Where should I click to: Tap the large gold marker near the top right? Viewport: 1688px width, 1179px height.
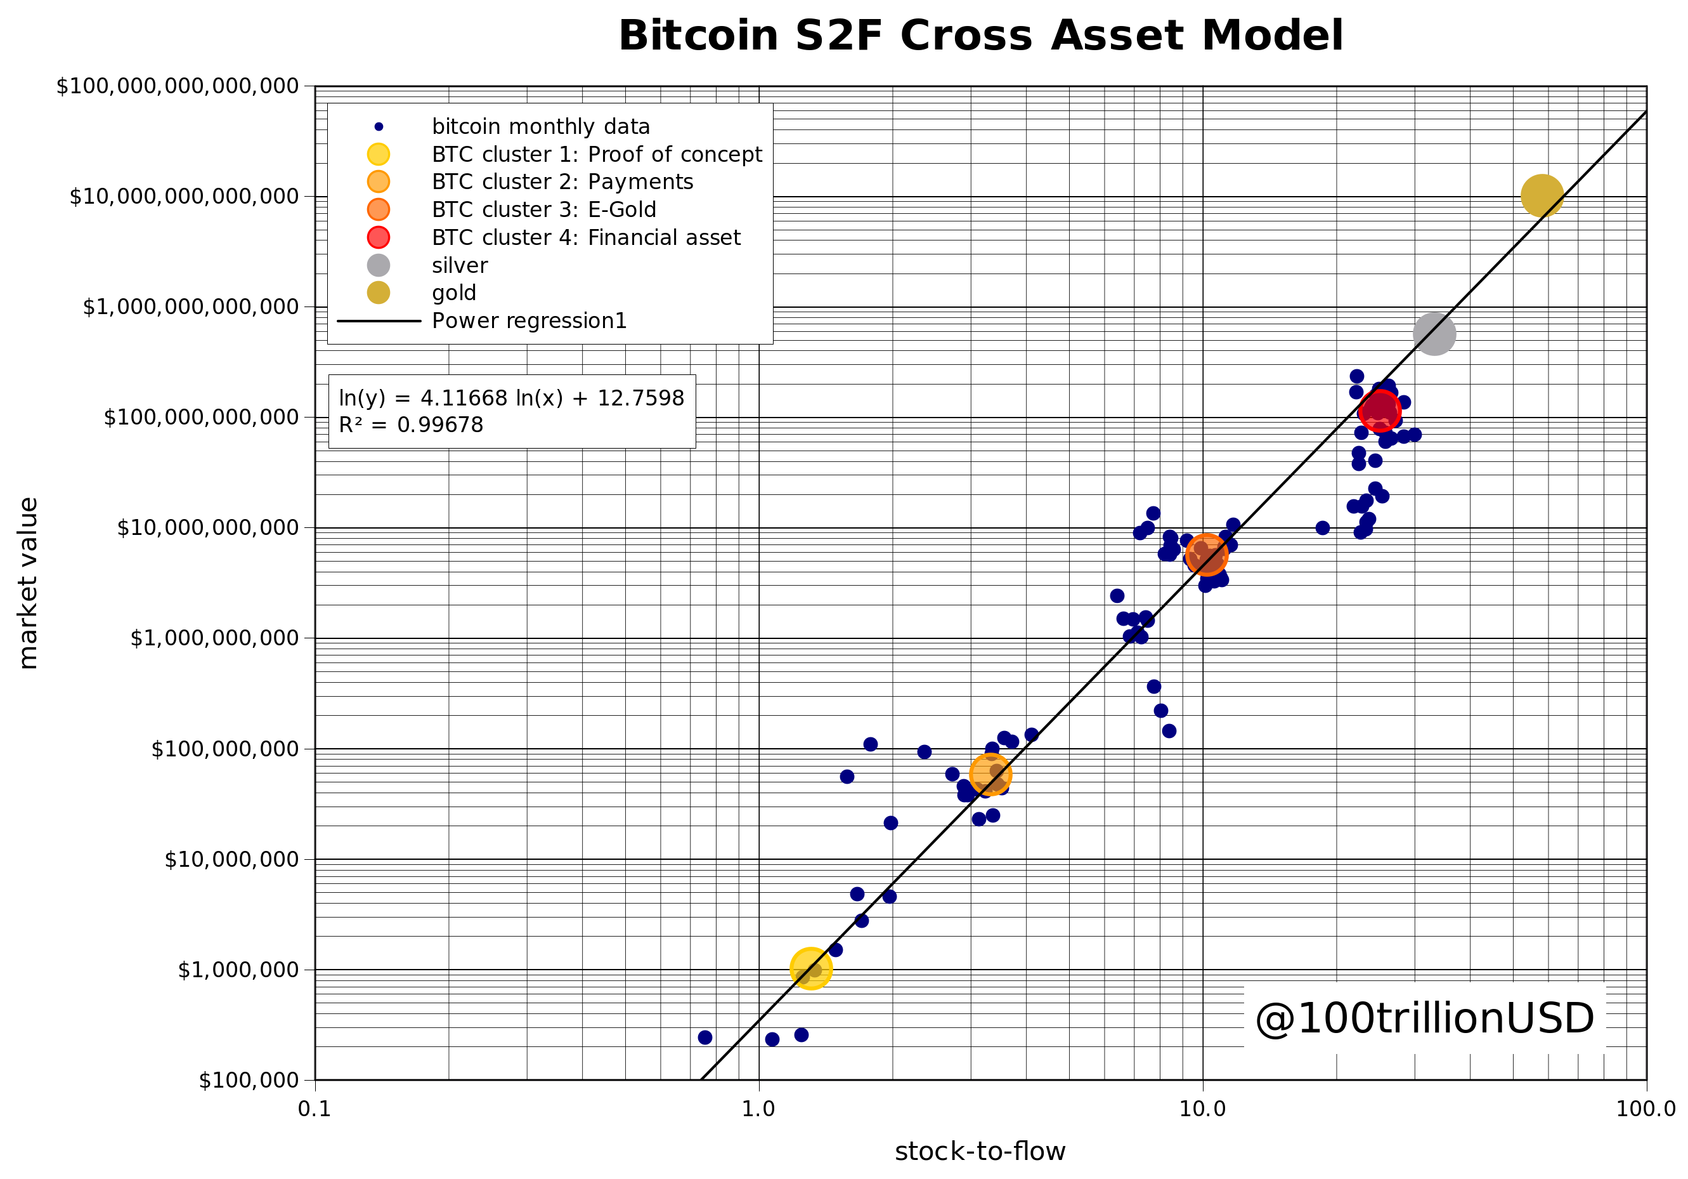click(x=1541, y=195)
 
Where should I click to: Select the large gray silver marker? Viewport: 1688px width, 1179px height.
click(x=1434, y=334)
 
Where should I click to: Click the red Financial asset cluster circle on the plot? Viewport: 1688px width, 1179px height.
click(x=1379, y=410)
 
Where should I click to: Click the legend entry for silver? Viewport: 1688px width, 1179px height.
click(x=460, y=265)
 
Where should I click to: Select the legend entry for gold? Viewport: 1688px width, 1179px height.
click(x=453, y=293)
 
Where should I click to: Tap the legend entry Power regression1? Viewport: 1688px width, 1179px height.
click(x=529, y=320)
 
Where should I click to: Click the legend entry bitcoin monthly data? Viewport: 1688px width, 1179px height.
click(x=540, y=126)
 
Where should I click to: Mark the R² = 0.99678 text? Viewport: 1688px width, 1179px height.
click(x=411, y=425)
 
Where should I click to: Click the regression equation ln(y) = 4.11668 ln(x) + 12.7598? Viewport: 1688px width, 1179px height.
click(x=511, y=398)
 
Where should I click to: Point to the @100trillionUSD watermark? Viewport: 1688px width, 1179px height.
click(x=1424, y=1018)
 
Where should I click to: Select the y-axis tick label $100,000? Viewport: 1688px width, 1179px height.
click(x=249, y=1080)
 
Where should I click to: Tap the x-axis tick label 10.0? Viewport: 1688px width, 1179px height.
click(x=1202, y=1109)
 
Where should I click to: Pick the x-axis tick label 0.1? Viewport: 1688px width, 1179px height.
click(x=315, y=1109)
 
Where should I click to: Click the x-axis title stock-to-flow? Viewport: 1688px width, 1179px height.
click(x=980, y=1151)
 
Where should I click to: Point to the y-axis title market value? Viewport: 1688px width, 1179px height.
click(x=28, y=583)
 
